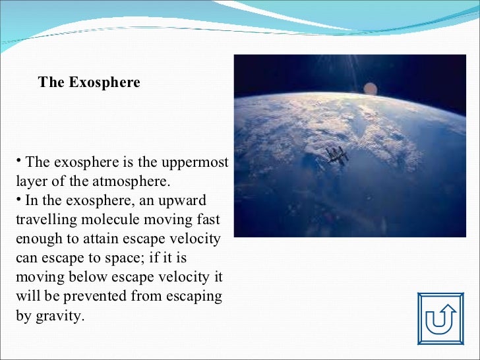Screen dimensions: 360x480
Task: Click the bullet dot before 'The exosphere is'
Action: coord(19,160)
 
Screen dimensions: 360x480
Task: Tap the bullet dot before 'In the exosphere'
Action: coord(19,198)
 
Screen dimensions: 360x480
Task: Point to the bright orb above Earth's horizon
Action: coord(371,88)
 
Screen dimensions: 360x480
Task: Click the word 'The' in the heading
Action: coord(50,83)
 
